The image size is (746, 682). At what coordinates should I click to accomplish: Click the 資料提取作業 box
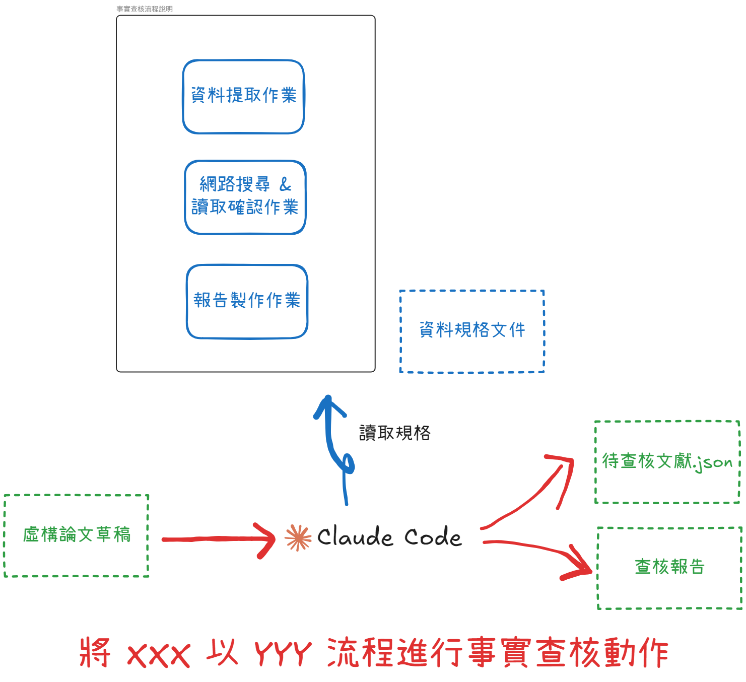tap(243, 96)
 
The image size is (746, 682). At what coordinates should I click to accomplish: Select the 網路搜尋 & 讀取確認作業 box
tap(245, 197)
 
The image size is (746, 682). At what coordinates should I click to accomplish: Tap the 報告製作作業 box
tap(247, 301)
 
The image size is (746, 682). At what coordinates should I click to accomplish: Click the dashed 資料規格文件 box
tap(472, 331)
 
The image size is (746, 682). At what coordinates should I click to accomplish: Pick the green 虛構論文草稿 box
tap(77, 535)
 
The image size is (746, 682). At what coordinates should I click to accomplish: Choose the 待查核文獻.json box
tap(667, 461)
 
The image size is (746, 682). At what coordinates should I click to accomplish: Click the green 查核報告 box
tap(669, 567)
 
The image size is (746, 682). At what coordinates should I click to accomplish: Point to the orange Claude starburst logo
tap(298, 538)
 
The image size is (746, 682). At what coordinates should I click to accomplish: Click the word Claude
tap(355, 537)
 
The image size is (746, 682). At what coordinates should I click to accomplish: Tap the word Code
tap(433, 537)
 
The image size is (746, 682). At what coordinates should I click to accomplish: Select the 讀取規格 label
tap(394, 433)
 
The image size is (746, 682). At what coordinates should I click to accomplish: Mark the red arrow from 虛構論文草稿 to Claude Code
tap(217, 539)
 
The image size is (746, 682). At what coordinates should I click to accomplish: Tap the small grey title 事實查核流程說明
tap(145, 9)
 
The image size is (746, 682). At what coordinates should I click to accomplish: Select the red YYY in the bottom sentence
tap(283, 654)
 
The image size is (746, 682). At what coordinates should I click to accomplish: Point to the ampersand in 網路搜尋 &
tap(285, 184)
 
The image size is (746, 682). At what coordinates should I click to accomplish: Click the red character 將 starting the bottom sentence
tap(95, 653)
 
